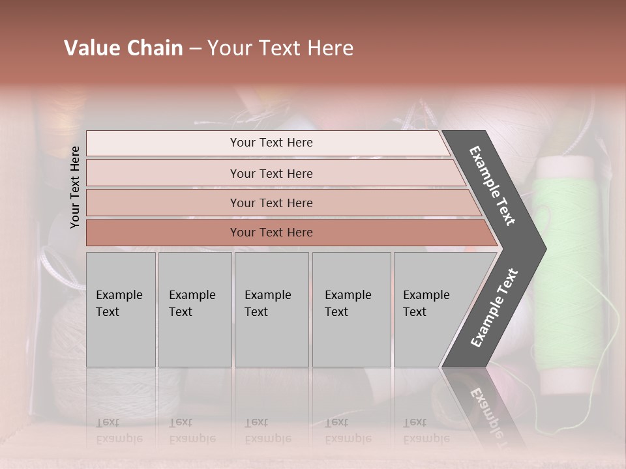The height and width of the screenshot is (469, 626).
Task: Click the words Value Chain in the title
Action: click(123, 48)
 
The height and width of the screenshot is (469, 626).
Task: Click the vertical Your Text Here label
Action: click(75, 187)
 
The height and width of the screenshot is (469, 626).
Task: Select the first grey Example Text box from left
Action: click(121, 309)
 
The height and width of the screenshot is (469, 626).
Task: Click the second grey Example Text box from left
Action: click(194, 309)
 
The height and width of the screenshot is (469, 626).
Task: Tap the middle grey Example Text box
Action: click(271, 309)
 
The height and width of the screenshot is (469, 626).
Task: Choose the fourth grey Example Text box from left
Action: click(351, 309)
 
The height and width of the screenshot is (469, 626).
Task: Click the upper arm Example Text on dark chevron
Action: click(492, 186)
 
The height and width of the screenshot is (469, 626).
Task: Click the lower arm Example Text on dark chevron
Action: click(494, 307)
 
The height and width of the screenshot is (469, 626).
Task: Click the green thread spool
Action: click(566, 274)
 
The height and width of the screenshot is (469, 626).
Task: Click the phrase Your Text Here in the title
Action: click(280, 48)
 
